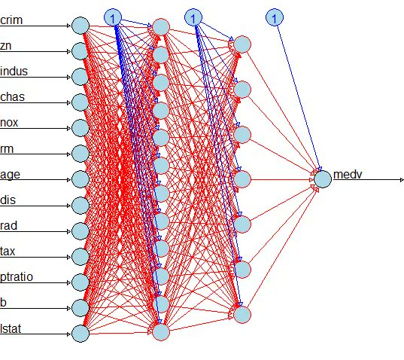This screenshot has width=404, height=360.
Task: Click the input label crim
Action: pos(11,20)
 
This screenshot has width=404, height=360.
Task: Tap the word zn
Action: pos(6,46)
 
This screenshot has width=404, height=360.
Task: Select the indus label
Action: pos(14,72)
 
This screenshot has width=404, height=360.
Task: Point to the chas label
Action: pos(12,97)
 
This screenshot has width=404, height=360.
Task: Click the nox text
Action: pos(9,123)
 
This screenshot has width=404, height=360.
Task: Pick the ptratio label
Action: pos(17,277)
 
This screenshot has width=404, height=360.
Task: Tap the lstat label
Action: pos(11,329)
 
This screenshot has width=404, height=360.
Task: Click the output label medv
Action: pos(348,175)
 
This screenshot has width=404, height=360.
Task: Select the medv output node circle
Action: pos(323,179)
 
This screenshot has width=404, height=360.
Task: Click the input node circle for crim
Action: pos(80,26)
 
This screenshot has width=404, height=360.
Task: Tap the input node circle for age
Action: pos(80,179)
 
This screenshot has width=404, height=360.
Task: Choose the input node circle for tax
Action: pos(80,257)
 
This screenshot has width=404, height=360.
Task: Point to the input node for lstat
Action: pos(80,334)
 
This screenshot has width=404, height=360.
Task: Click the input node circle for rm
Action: pos(80,154)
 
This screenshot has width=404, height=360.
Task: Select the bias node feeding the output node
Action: pos(275,17)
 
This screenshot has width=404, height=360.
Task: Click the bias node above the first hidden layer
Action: pos(113,17)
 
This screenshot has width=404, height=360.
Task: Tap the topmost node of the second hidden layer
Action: pos(242,44)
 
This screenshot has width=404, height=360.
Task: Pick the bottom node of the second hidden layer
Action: pos(242,314)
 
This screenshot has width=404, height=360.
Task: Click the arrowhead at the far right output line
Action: pos(402,180)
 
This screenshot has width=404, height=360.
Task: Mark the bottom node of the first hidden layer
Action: pos(161,332)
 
